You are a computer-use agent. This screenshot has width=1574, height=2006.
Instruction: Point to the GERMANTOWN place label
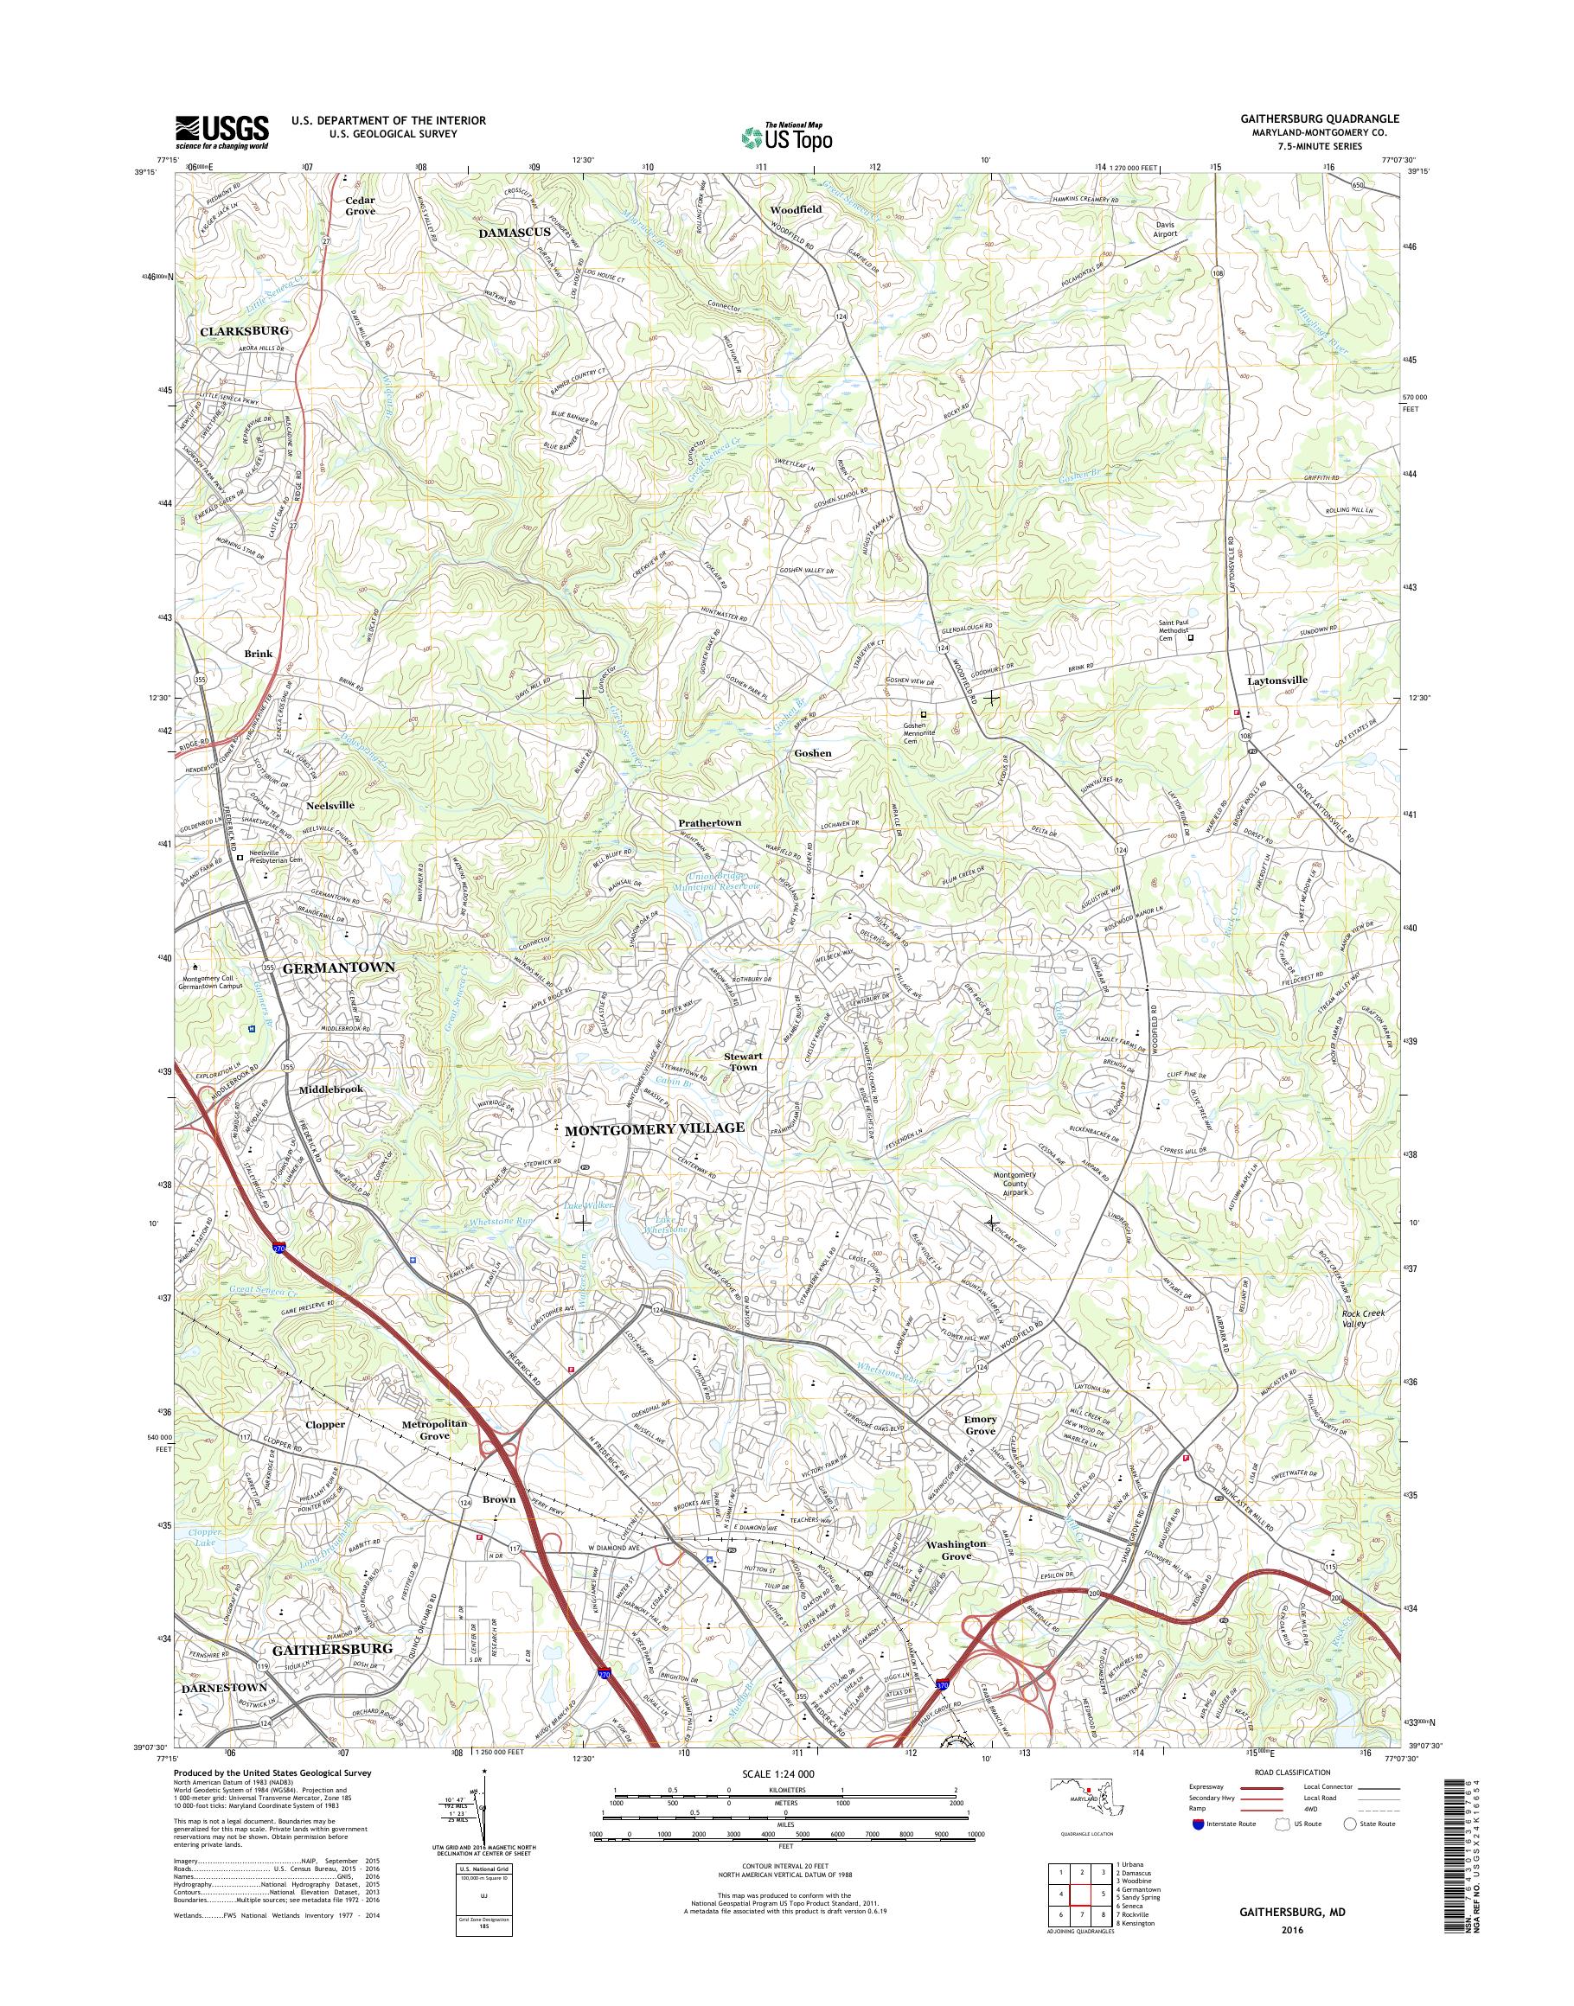click(x=338, y=968)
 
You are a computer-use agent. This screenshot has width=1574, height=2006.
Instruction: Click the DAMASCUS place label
click(x=515, y=233)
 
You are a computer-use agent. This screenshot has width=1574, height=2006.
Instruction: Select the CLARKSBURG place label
click(x=244, y=330)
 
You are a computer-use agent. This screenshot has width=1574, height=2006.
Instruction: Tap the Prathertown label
click(x=709, y=823)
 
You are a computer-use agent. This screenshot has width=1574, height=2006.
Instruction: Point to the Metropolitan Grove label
click(x=435, y=1429)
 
